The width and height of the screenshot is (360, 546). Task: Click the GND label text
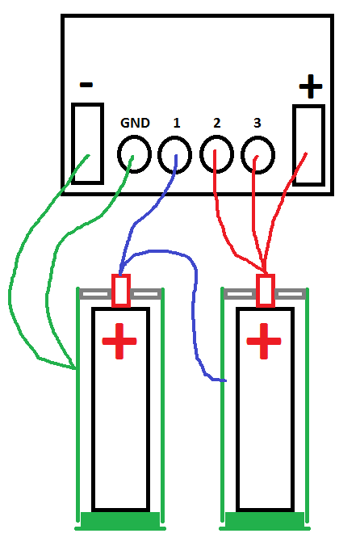click(x=135, y=123)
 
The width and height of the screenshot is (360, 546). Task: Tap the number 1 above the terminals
click(x=177, y=123)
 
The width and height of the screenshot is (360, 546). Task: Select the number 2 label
click(x=216, y=123)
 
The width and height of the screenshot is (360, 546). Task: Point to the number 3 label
click(x=257, y=123)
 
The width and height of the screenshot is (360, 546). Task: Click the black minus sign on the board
click(x=86, y=85)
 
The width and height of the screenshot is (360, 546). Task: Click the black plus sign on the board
click(x=311, y=86)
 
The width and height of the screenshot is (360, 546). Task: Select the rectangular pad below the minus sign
click(x=73, y=143)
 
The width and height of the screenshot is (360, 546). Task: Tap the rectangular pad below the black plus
click(x=295, y=145)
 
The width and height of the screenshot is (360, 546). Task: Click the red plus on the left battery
click(x=119, y=341)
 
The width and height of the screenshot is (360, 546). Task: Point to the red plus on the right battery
click(x=264, y=341)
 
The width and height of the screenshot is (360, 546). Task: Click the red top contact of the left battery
click(x=113, y=291)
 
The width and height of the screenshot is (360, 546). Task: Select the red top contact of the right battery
click(x=257, y=291)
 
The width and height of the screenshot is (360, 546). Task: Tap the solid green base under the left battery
click(x=120, y=521)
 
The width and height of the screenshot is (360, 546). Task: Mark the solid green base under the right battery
click(x=265, y=521)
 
